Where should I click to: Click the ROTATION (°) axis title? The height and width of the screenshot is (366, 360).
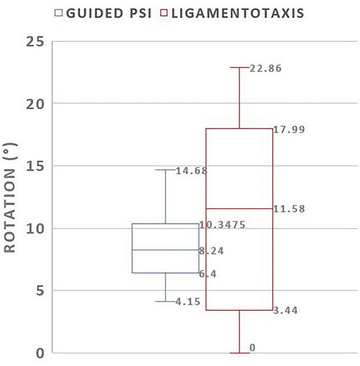12,196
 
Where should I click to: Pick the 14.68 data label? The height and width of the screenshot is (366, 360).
191,171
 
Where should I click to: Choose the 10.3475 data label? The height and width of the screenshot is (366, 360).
223,225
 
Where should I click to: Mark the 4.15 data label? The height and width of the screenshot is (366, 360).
187,302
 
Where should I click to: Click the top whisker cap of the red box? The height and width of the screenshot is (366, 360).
239,67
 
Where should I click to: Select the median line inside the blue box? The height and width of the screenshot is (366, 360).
165,250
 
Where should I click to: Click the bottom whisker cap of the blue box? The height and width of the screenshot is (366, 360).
165,302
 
